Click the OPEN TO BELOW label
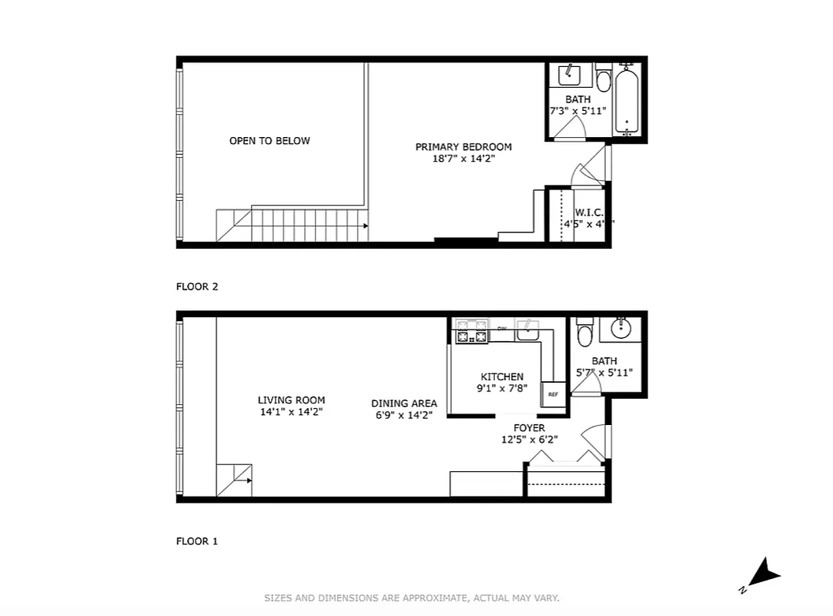(269, 141)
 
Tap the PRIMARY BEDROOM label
(463, 147)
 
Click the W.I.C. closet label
(589, 213)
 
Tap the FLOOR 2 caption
(197, 286)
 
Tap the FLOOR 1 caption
(197, 541)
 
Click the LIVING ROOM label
(291, 400)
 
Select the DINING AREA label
(404, 403)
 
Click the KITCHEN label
(502, 377)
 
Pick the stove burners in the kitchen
(472, 332)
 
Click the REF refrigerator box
(553, 393)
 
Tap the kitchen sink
(528, 330)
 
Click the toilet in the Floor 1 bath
(585, 331)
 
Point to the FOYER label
(529, 428)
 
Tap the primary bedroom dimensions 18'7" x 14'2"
(463, 159)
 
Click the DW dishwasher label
(501, 329)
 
